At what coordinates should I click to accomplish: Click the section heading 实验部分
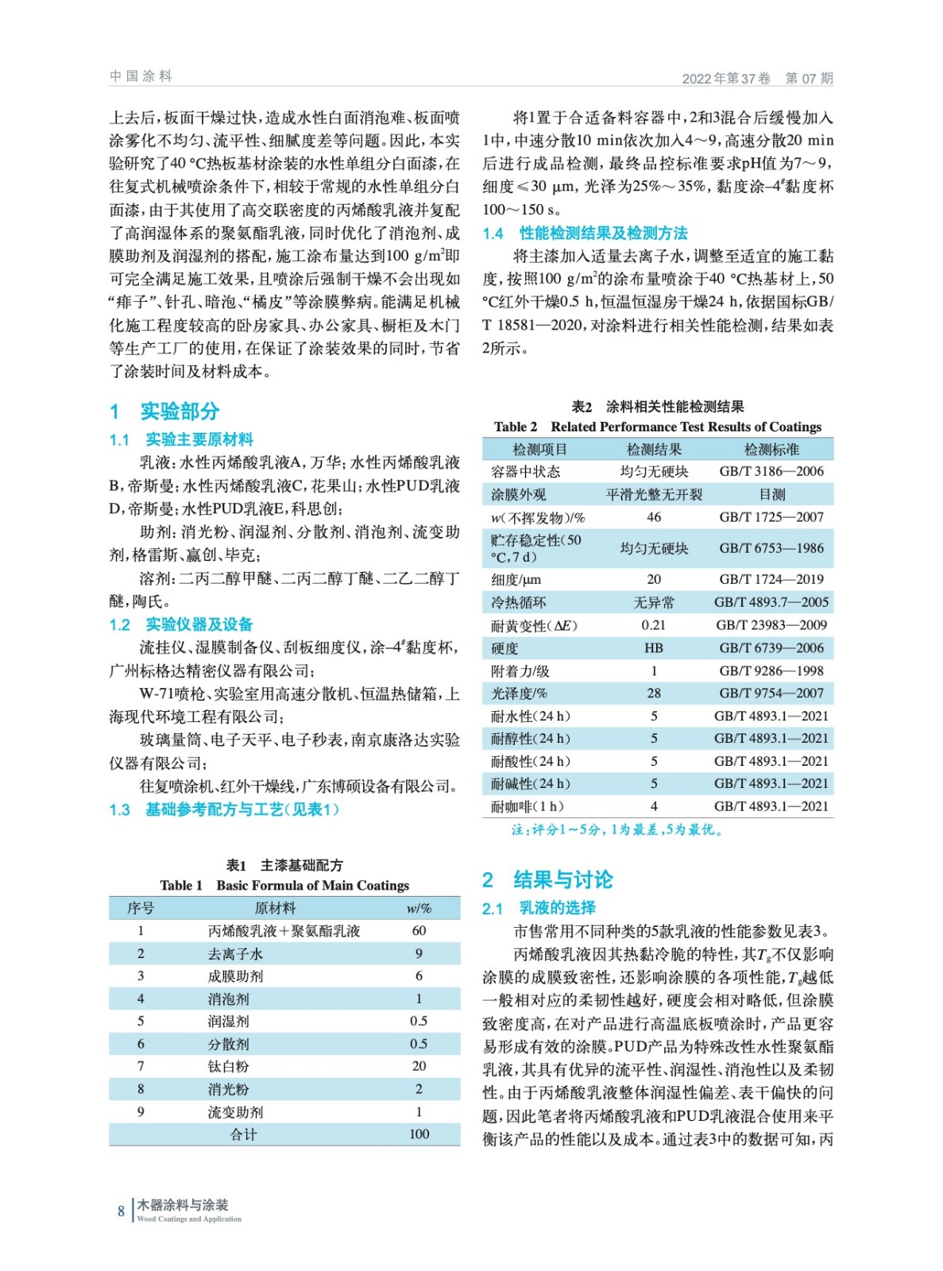click(x=179, y=411)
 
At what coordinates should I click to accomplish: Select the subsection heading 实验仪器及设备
click(x=199, y=625)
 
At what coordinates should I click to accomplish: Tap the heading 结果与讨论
click(x=562, y=880)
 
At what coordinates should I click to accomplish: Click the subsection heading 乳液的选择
click(x=556, y=908)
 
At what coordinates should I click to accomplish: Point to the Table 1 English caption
click(x=284, y=886)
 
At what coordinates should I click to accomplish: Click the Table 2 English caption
click(x=657, y=427)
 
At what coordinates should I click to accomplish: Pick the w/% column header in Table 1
click(x=419, y=908)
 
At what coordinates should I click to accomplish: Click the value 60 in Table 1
click(x=419, y=930)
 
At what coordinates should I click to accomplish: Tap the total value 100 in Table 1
click(x=419, y=1134)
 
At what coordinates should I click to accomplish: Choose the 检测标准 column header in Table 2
click(x=771, y=450)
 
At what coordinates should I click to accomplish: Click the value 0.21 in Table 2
click(x=654, y=625)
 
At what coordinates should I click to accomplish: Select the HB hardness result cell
click(x=654, y=648)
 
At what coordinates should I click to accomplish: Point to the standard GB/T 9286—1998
click(x=771, y=671)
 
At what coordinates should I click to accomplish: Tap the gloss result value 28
click(x=654, y=693)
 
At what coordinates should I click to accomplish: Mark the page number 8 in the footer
click(x=121, y=1211)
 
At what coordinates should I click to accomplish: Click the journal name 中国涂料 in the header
click(x=141, y=76)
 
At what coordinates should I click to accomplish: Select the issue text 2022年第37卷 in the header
click(x=726, y=79)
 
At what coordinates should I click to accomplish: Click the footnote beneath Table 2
click(x=616, y=830)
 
